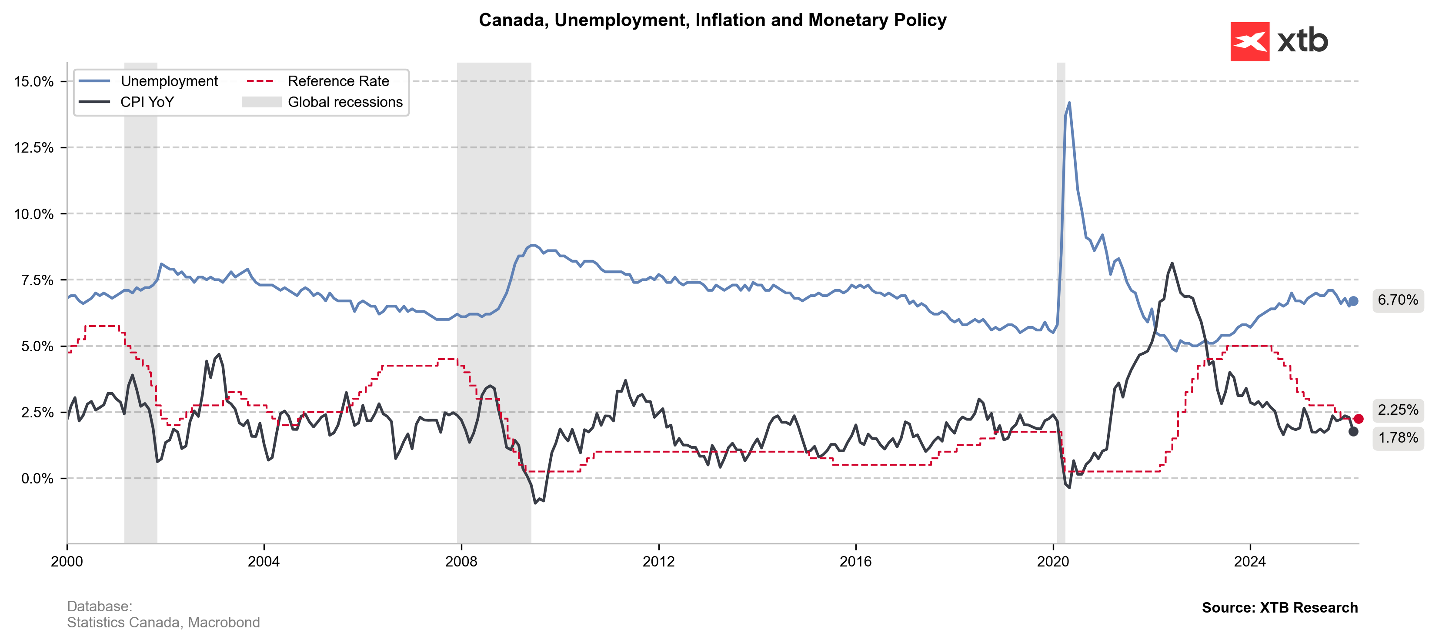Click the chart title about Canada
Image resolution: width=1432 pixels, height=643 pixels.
click(712, 20)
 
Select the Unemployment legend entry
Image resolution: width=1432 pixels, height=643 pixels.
click(169, 81)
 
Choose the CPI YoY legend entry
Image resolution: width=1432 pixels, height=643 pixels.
click(147, 102)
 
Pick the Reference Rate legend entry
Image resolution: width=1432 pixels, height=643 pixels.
click(338, 81)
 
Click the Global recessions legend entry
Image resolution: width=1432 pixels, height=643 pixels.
click(345, 102)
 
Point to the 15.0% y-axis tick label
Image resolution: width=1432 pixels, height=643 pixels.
click(34, 82)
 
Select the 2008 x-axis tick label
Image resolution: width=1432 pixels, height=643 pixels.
click(461, 561)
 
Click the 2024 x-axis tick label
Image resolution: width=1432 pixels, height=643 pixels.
click(1250, 561)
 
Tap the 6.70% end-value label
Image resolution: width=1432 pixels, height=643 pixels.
click(1398, 300)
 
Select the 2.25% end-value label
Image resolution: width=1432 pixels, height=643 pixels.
click(1398, 410)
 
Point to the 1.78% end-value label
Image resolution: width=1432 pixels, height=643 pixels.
click(1398, 438)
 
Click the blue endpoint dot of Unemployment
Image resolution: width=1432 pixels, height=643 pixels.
click(1353, 301)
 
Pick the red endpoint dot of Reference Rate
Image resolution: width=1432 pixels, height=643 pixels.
click(1359, 419)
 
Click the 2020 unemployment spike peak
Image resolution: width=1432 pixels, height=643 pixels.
click(1069, 103)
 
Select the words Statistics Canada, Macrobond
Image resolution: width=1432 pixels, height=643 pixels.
click(164, 623)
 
